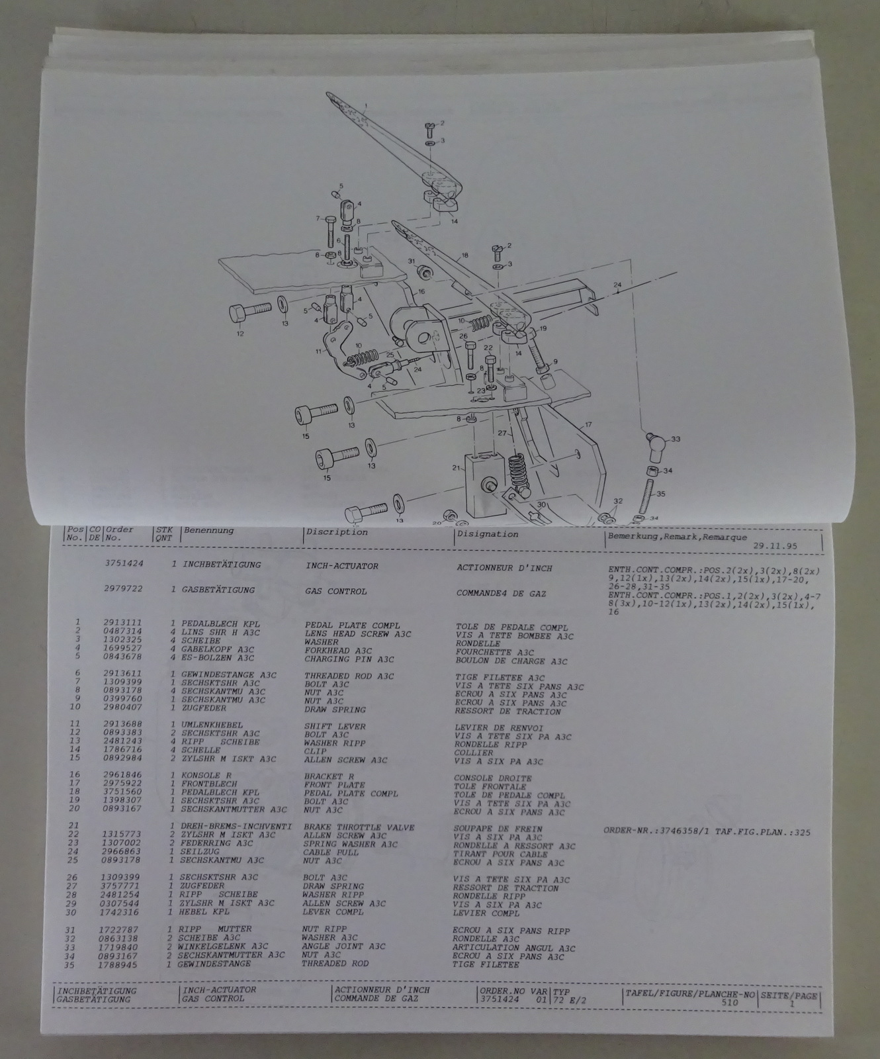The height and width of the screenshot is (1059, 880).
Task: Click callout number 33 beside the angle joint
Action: point(676,439)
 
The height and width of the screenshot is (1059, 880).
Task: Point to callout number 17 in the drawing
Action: point(588,424)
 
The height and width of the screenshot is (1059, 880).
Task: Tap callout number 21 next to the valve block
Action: point(455,468)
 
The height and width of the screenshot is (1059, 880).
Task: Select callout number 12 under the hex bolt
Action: point(240,334)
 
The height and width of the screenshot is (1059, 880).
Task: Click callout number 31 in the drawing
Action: point(411,261)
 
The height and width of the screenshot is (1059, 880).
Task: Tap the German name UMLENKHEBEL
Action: point(212,725)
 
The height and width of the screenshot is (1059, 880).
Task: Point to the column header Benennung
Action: point(209,530)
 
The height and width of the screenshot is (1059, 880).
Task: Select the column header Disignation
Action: point(488,534)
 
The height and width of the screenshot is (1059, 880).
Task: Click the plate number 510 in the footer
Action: point(729,1003)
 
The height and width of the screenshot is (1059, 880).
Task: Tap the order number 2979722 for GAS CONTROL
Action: point(123,588)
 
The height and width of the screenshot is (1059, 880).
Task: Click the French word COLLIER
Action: point(474,753)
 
